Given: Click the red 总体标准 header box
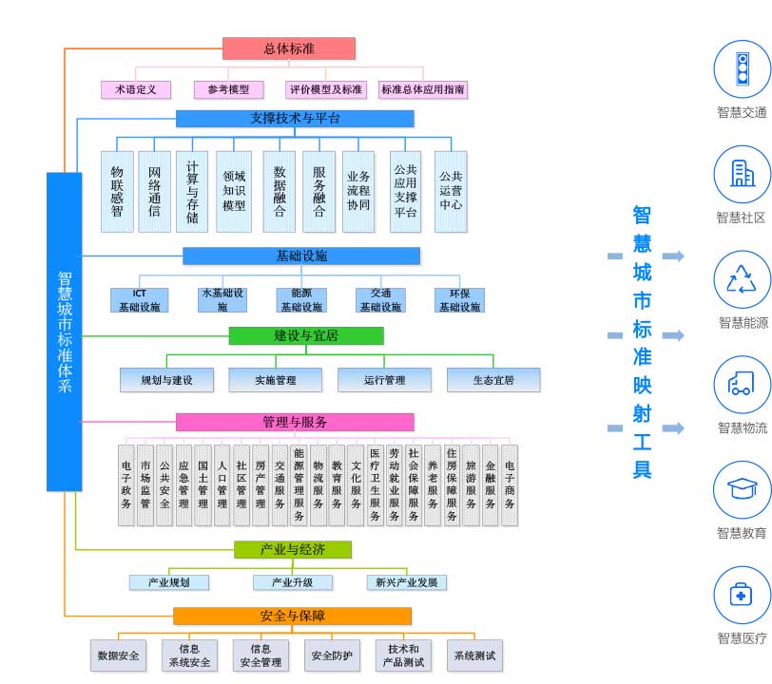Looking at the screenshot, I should coord(289,48).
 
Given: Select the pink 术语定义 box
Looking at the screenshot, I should coord(135,89).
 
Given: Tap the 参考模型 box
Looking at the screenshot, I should coord(228,89).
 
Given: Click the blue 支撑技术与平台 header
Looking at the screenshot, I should coord(295,119).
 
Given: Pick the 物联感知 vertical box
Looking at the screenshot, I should coord(117,191).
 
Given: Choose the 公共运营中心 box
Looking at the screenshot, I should coord(451,191).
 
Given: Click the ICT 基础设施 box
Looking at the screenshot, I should coord(139,300).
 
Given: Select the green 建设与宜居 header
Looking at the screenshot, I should coord(306,335).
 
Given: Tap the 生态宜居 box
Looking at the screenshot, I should coord(493,380).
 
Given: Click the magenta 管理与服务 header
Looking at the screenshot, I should coord(295,422).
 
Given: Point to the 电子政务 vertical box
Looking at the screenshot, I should coord(126,484).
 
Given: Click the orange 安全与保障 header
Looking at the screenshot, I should coord(292,616).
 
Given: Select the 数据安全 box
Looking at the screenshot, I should coord(119,655).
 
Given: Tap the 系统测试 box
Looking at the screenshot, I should coord(474,655).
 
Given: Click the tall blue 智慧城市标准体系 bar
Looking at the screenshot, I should coord(65,332).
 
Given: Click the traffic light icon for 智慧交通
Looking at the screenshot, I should coord(742,68).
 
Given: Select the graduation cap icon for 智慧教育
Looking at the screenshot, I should coord(742,490).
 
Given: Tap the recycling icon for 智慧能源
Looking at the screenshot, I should coord(742,279).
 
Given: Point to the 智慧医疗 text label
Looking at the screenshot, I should coord(742,638).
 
